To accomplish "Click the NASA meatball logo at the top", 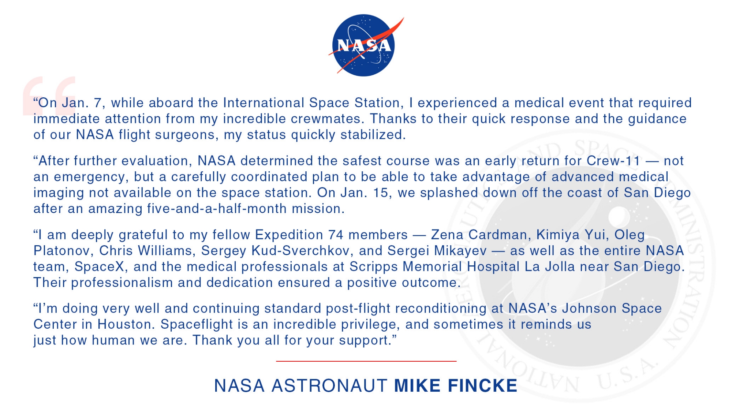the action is (365, 45).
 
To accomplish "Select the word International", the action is (264, 103).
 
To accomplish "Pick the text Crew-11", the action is (613, 161).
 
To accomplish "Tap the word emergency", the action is (89, 177).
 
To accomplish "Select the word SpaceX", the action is (99, 267).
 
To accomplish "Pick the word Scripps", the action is (373, 267).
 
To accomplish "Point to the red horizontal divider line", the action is (366, 361).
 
